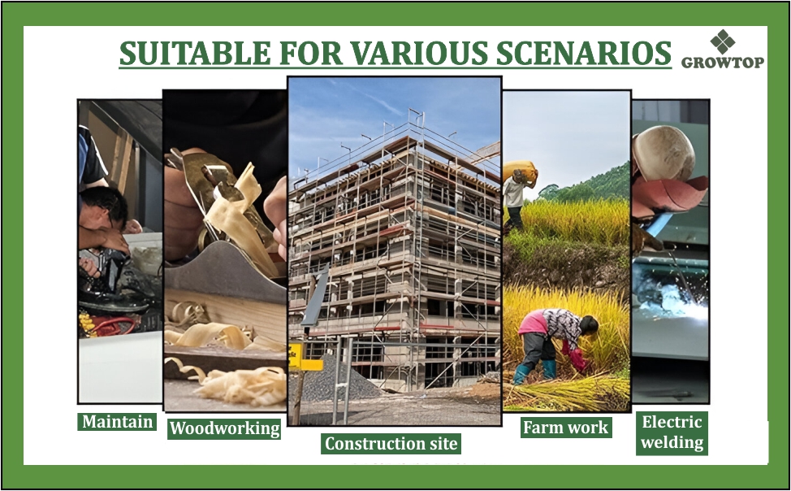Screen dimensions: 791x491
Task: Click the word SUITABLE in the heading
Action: [195, 53]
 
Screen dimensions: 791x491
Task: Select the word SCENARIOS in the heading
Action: [584, 53]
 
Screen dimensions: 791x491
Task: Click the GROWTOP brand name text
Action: [723, 62]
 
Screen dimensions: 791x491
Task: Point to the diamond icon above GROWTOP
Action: [723, 41]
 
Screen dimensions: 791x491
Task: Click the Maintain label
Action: [117, 421]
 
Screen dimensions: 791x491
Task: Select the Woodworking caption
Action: [224, 428]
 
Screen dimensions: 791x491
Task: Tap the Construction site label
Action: [391, 444]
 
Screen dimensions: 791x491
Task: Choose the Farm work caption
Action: [565, 428]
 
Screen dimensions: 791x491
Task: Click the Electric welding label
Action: [672, 432]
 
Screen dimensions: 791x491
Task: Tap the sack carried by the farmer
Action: [520, 171]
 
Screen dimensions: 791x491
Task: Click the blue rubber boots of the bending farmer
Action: [535, 372]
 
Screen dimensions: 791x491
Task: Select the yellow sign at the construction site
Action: [305, 358]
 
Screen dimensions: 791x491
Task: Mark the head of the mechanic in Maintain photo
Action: [103, 207]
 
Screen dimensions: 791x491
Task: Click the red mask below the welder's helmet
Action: [668, 192]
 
